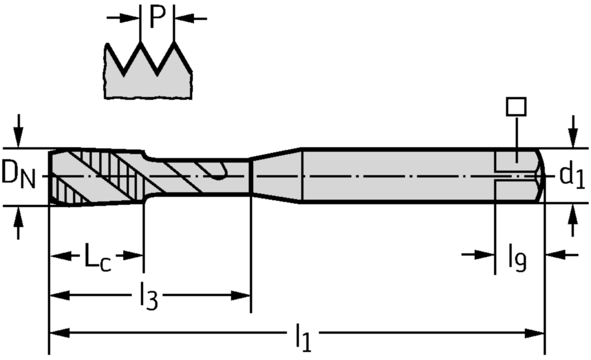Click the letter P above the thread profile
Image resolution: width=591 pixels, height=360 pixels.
click(x=157, y=18)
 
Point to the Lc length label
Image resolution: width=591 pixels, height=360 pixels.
click(x=98, y=258)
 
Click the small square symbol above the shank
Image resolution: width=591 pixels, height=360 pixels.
click(x=515, y=106)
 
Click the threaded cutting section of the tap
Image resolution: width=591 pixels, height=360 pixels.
click(x=95, y=176)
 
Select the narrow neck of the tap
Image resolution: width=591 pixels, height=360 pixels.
click(x=196, y=177)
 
